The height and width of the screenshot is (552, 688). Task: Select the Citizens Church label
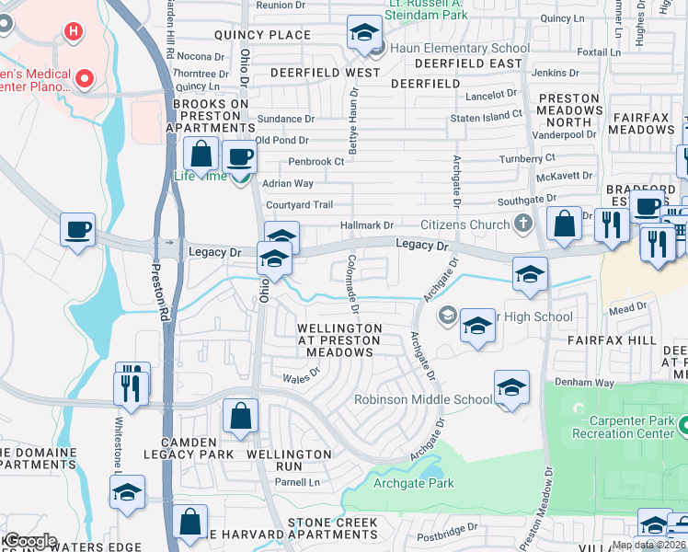coord(464,224)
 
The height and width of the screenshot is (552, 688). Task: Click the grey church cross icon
coord(522,224)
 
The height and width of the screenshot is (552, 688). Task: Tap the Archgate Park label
coord(413,483)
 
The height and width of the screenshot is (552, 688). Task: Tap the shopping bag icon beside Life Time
coord(201,154)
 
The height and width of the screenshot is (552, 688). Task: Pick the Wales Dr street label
coord(301,375)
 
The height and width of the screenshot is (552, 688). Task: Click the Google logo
coord(29,541)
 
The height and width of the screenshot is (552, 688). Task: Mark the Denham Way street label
coord(583,382)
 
